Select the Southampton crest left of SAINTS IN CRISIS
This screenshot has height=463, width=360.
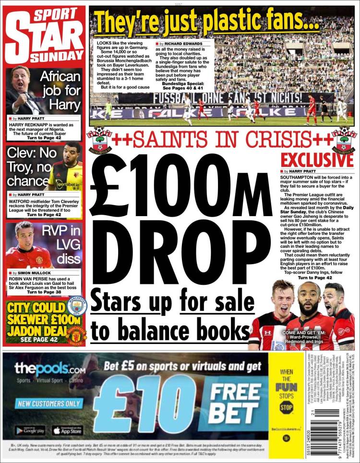(100, 138)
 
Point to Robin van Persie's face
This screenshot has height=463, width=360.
(27, 235)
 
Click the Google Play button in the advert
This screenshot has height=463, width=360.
(30, 430)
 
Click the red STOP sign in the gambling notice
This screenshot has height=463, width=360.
(286, 408)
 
